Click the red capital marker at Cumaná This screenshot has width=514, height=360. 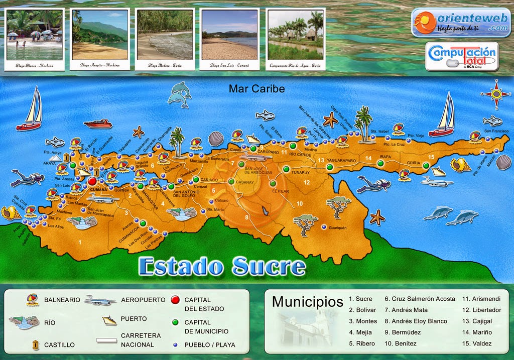coord(93,181)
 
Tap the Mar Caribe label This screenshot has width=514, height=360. coord(256,89)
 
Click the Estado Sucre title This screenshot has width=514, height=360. coord(221,266)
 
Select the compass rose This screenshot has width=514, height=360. coord(496,93)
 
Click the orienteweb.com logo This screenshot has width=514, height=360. coord(461,23)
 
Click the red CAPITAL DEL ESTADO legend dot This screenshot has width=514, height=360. coord(175,300)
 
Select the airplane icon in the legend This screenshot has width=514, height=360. coord(101,300)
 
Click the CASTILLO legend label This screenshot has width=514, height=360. coord(59,345)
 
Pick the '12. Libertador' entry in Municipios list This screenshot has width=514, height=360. coord(481,310)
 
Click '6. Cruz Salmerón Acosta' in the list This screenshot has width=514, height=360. coord(420,299)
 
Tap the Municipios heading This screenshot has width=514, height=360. coord(307,302)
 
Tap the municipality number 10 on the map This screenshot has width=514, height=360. coord(299,203)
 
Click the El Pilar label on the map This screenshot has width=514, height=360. coord(280,191)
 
